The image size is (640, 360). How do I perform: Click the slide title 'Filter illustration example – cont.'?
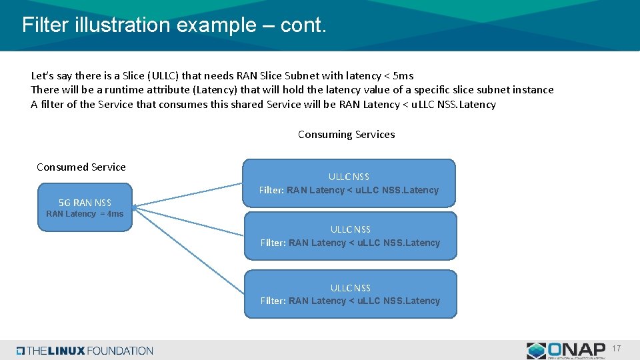coord(174,25)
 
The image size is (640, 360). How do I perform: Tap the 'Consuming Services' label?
coord(346,135)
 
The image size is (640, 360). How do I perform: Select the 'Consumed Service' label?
coord(81,167)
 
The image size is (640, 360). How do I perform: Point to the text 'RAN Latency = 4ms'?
coord(85,214)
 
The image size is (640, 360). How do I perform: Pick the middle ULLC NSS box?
coord(351,235)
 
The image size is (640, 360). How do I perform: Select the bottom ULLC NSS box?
coord(351,293)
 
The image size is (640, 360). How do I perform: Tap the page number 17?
coord(616,349)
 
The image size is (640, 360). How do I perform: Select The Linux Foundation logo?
coord(85,351)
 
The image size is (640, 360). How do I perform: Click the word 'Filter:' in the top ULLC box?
coord(271,191)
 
